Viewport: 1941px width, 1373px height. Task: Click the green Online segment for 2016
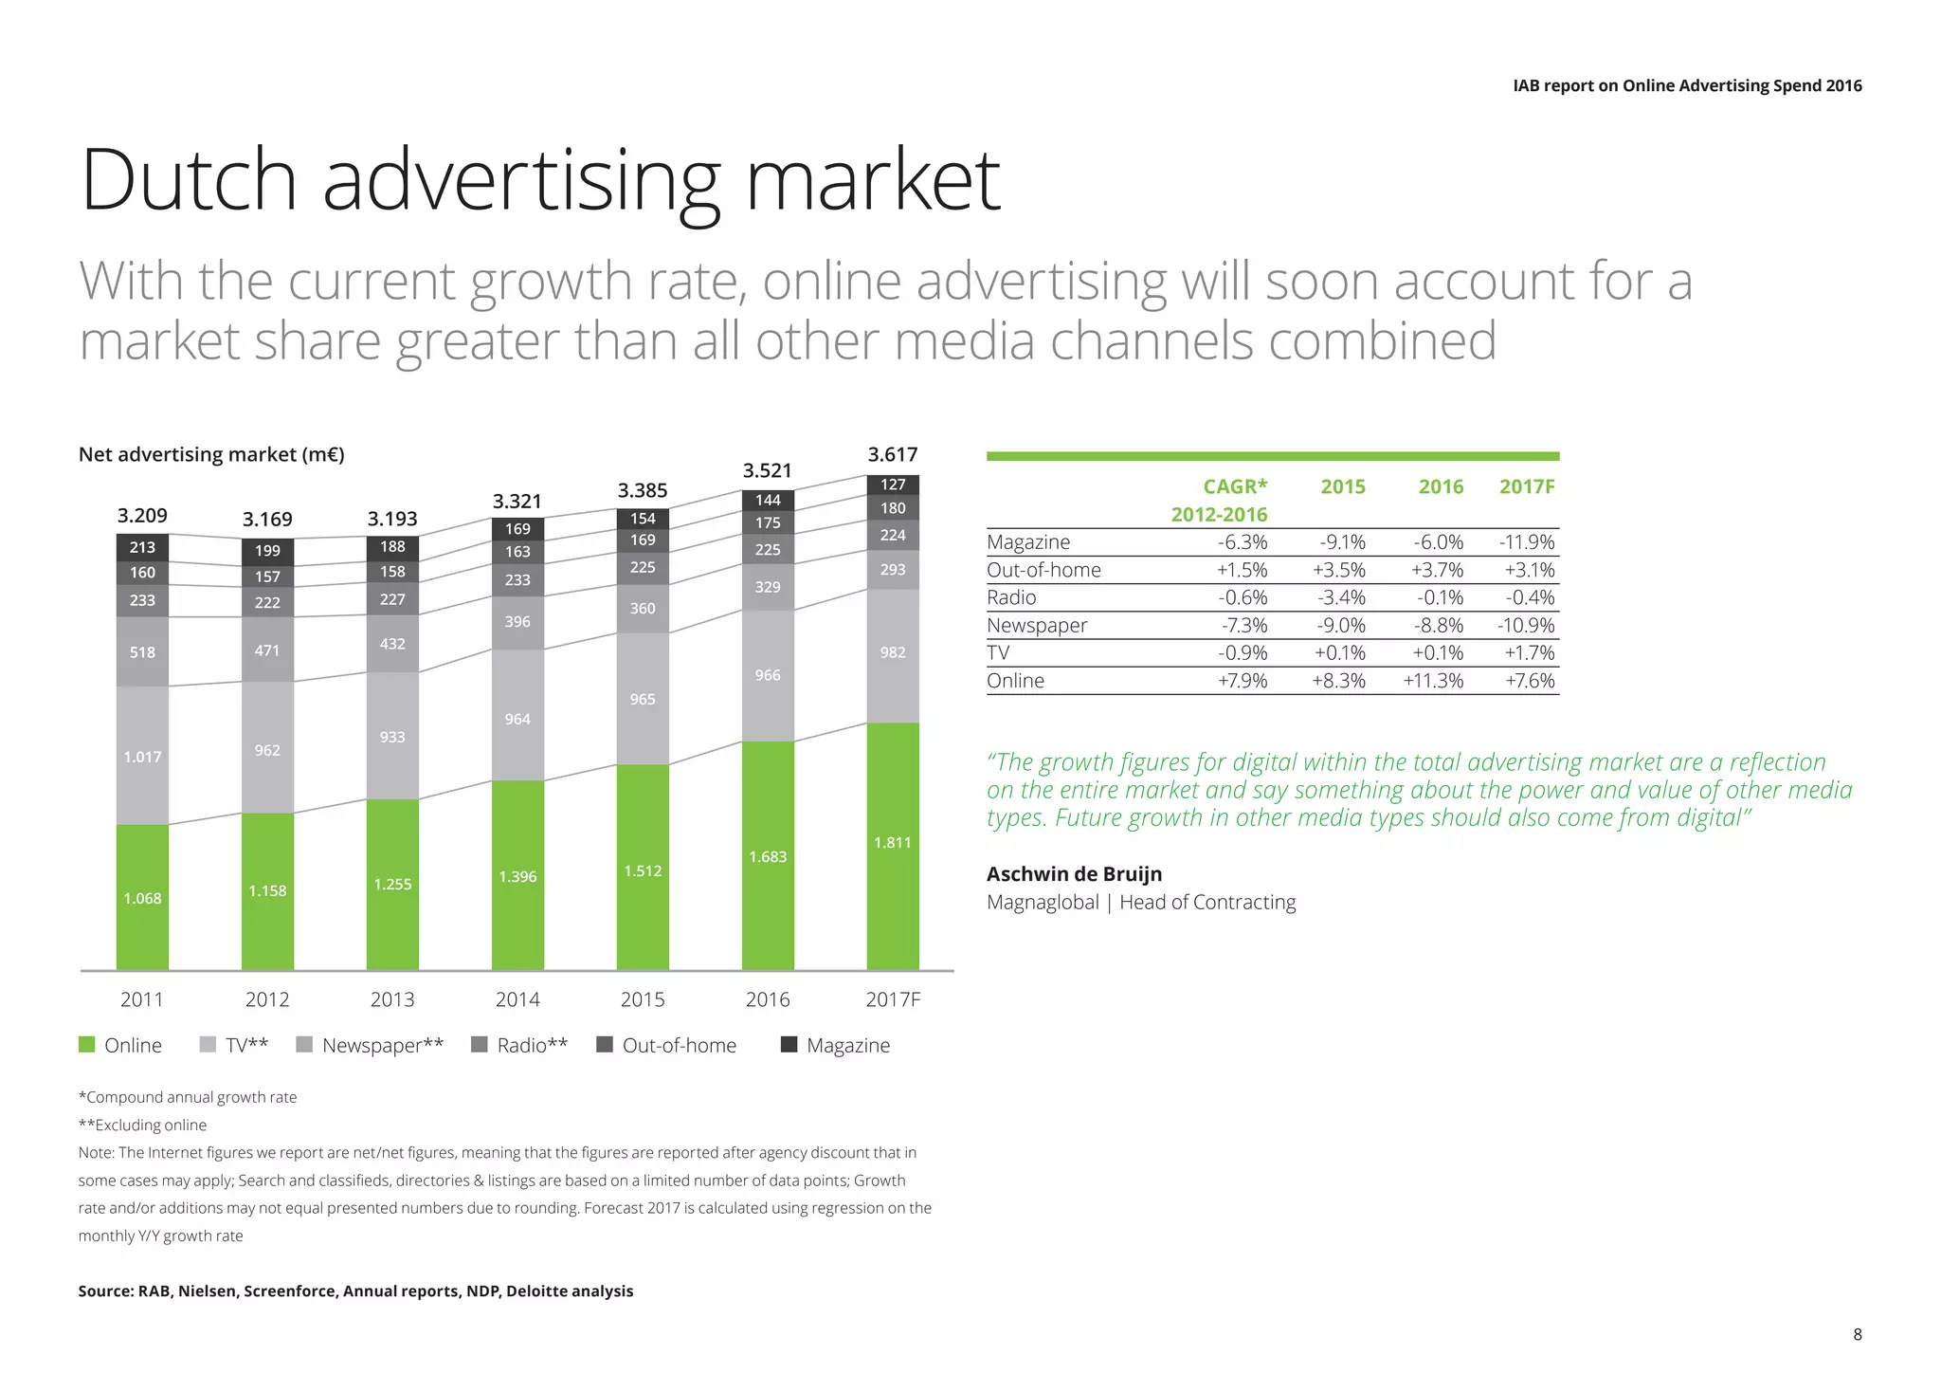click(768, 855)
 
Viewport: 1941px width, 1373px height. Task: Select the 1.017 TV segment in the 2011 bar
click(142, 756)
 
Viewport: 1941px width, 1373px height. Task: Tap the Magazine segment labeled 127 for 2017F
click(893, 485)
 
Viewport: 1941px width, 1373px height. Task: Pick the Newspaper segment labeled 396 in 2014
click(517, 622)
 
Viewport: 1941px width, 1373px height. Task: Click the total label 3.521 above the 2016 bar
click(767, 471)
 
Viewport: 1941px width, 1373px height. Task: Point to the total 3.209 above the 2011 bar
click(142, 516)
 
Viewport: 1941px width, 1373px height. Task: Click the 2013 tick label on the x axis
click(392, 999)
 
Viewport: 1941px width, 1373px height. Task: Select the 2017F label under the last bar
click(893, 999)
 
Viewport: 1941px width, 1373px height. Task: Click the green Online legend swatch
click(87, 1045)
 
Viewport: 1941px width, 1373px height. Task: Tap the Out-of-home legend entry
click(667, 1045)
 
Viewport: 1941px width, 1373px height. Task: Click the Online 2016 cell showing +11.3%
click(1433, 681)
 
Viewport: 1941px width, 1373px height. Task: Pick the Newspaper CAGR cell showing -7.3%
click(1243, 626)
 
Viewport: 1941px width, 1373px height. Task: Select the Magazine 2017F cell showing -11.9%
click(1527, 542)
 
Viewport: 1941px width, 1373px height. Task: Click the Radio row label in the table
click(1011, 597)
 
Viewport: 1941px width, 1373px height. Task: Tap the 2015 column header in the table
click(1343, 486)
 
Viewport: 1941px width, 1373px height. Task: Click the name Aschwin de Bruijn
click(1074, 874)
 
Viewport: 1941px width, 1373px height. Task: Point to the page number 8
click(1858, 1334)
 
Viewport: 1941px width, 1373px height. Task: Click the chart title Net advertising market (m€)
click(211, 455)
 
